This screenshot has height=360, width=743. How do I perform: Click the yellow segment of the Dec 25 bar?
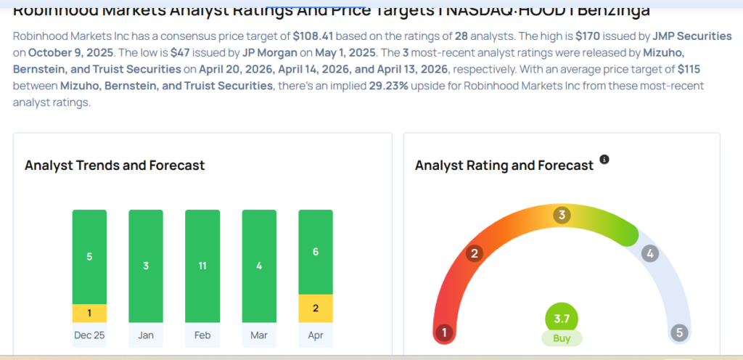click(x=89, y=313)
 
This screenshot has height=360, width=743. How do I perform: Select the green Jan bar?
click(x=146, y=266)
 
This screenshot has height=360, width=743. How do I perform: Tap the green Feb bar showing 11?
click(x=202, y=266)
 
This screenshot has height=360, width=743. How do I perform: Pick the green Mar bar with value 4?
click(x=259, y=266)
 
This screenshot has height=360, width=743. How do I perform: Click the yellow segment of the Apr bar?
click(x=316, y=308)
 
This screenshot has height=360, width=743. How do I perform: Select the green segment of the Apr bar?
click(x=316, y=252)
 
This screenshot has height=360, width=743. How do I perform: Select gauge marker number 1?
click(x=443, y=333)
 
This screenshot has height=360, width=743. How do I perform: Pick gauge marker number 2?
click(x=475, y=253)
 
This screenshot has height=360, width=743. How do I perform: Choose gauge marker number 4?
click(x=650, y=253)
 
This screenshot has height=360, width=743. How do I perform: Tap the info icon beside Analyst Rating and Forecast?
click(x=604, y=159)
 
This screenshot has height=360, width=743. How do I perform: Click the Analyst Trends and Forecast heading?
click(x=115, y=165)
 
